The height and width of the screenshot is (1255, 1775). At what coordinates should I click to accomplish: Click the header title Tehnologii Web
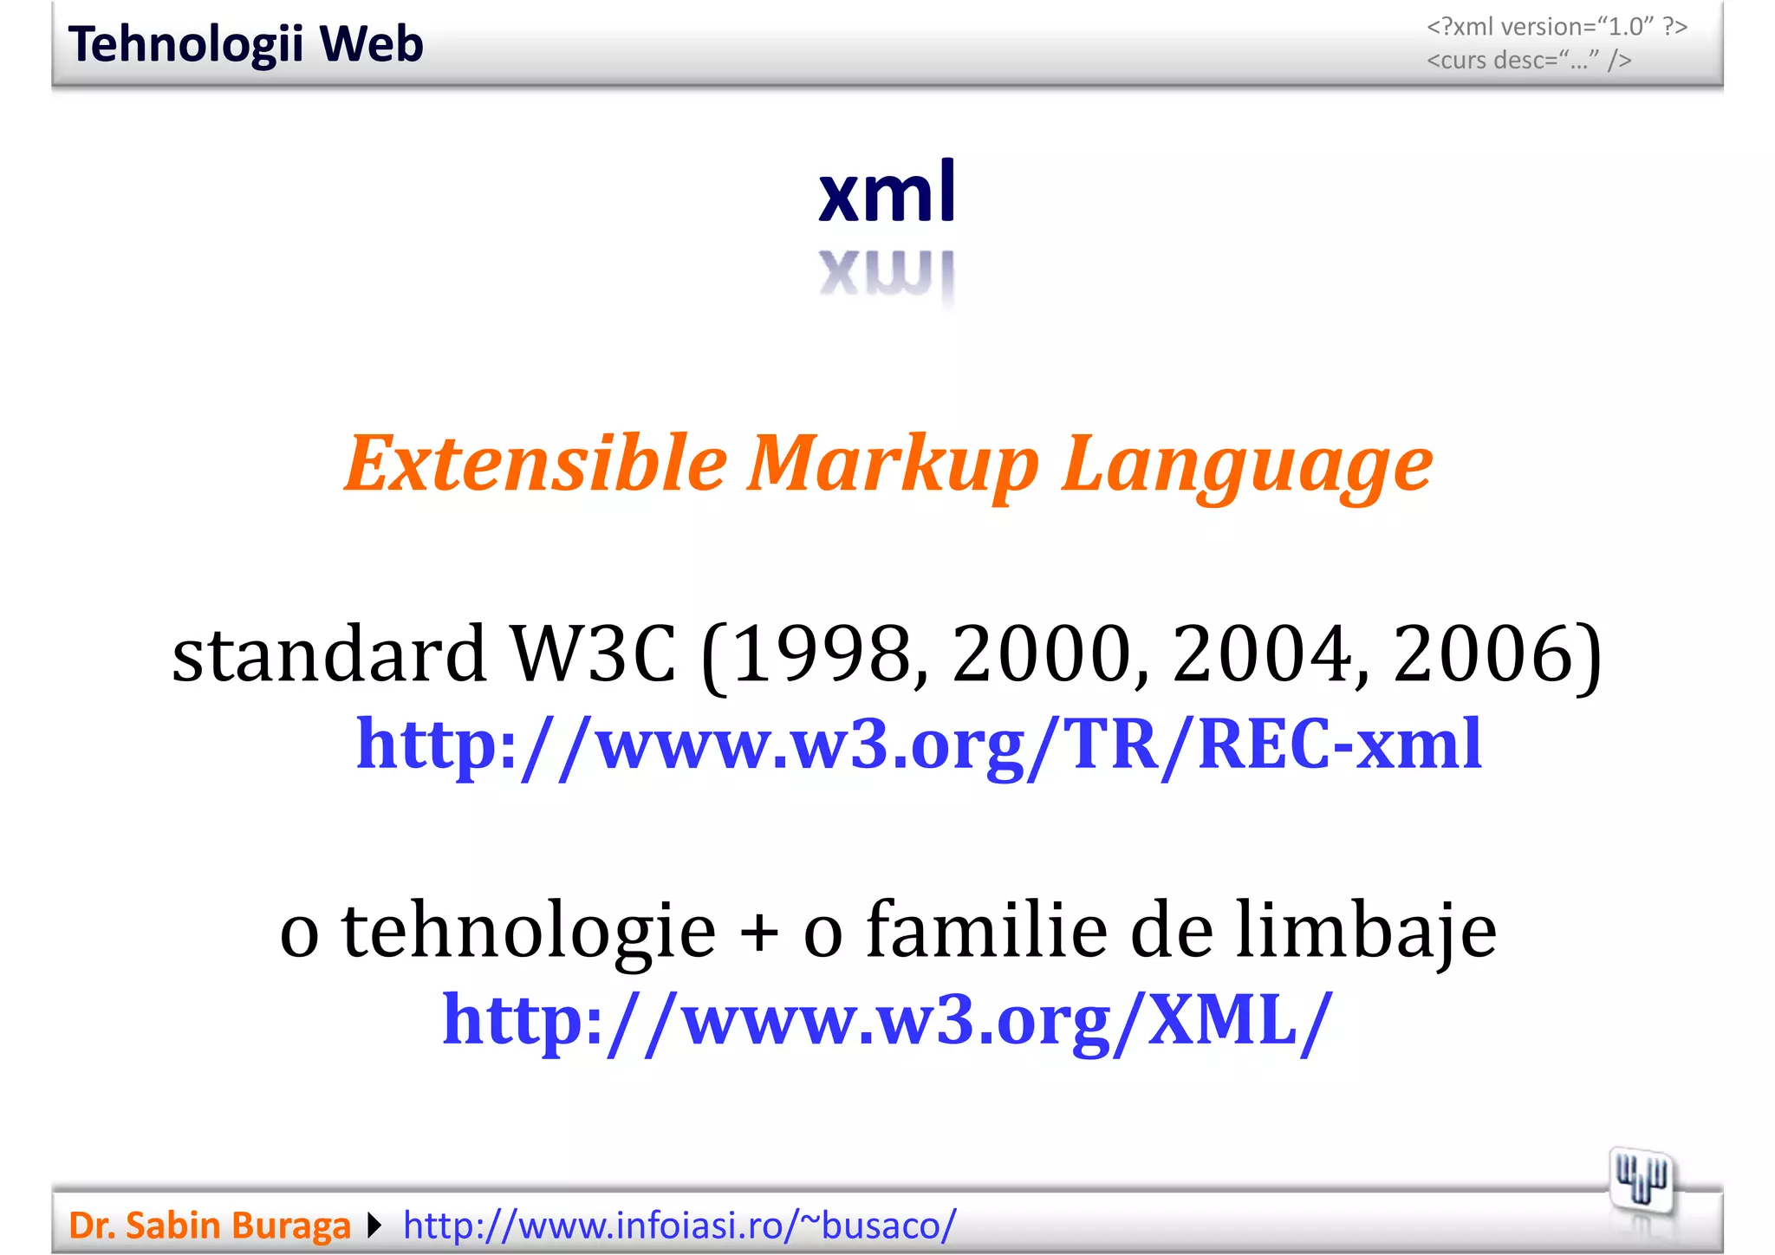tap(245, 44)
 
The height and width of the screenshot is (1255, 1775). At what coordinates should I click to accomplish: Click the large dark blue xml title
tap(887, 192)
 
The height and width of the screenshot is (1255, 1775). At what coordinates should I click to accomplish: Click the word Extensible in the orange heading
tap(535, 464)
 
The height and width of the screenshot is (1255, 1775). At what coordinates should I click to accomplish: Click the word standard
tap(328, 654)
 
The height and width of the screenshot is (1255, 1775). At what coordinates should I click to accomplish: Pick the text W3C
tap(593, 654)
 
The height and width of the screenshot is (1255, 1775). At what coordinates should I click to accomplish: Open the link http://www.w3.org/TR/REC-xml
tap(919, 745)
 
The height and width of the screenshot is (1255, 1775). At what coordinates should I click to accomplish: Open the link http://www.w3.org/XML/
tap(887, 1020)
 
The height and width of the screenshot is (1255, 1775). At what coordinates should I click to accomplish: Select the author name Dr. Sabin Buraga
tap(210, 1226)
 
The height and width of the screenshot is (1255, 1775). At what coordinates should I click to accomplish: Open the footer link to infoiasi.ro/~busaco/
tap(679, 1226)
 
